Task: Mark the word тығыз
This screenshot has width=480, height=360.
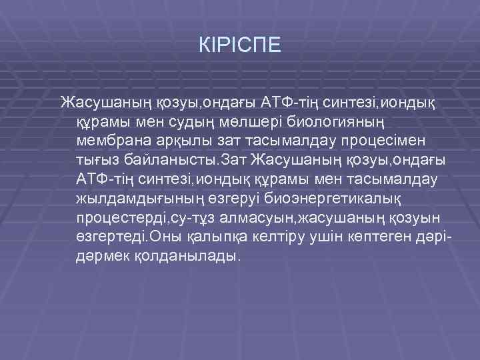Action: pyautogui.click(x=97, y=161)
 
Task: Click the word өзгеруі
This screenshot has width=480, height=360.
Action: pyautogui.click(x=231, y=199)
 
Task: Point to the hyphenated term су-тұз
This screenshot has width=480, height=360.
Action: pyautogui.click(x=194, y=219)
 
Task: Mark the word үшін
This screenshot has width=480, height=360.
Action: pyautogui.click(x=316, y=238)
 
